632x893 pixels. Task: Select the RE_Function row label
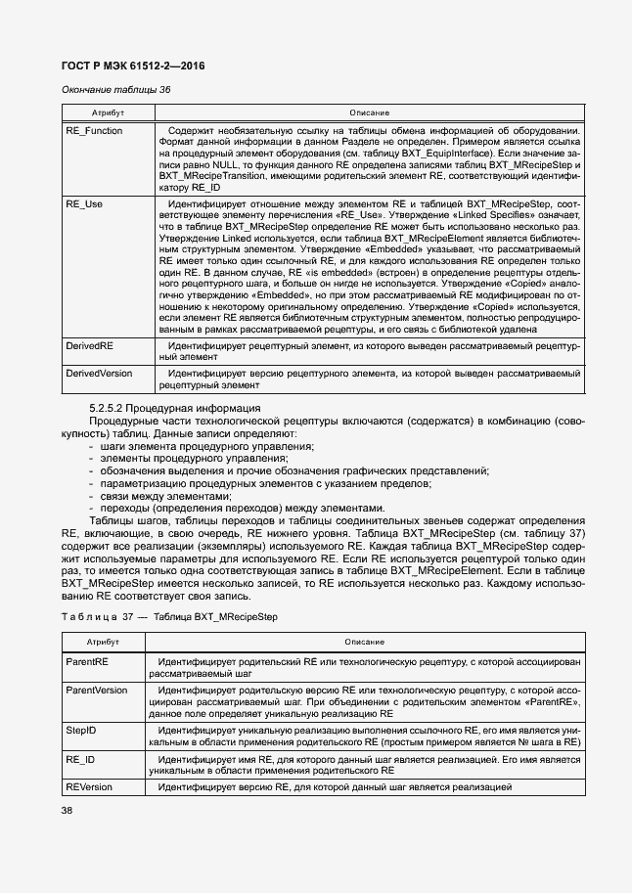click(x=94, y=130)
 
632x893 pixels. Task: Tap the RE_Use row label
click(x=83, y=204)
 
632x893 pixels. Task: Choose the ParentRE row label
click(x=87, y=662)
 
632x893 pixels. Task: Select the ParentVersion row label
click(x=96, y=690)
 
